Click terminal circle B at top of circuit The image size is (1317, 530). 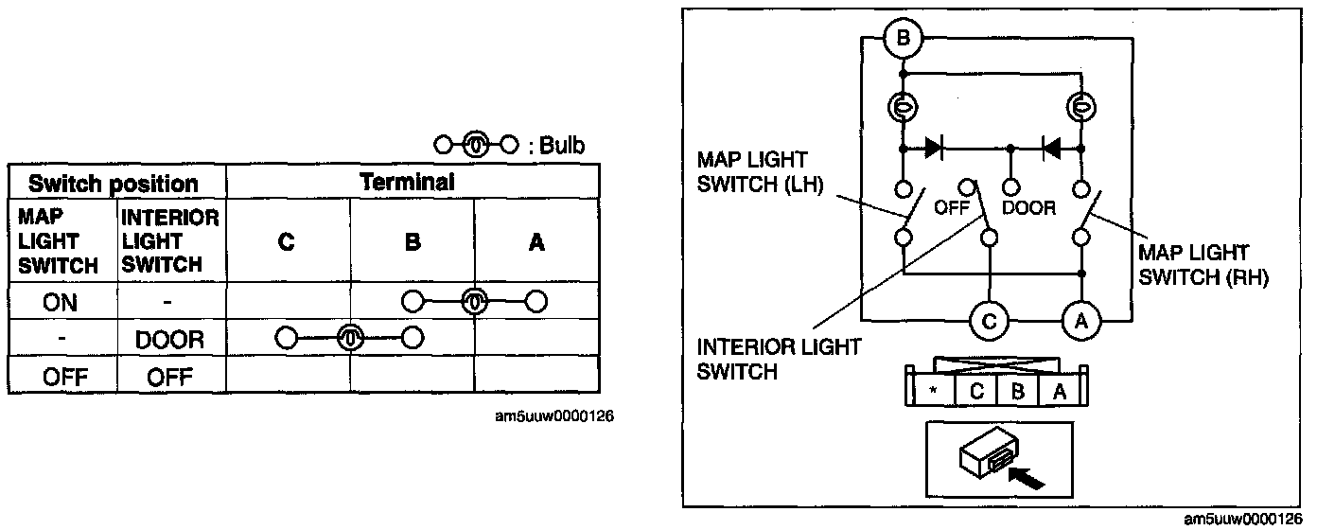(903, 40)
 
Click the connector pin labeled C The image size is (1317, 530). (976, 390)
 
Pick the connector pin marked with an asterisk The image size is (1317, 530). (933, 390)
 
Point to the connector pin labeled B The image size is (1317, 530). (1018, 390)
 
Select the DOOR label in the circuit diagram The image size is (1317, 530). (1029, 208)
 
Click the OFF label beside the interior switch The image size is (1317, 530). (952, 208)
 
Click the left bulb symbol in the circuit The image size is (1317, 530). (904, 108)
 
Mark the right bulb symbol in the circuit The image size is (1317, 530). (1081, 108)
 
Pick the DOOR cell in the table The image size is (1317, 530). (170, 339)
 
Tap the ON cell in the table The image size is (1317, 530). (61, 303)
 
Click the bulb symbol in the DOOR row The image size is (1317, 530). (350, 337)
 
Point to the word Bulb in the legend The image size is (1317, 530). (562, 145)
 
